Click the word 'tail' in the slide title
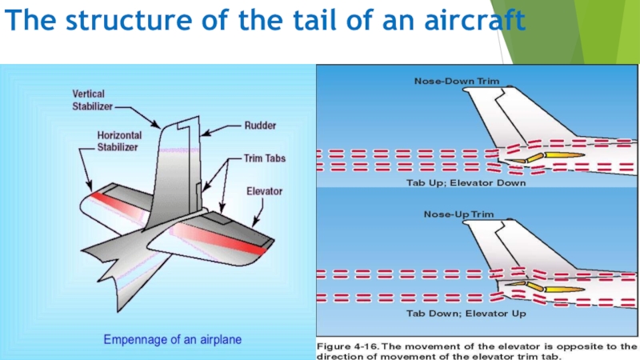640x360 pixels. tap(318, 20)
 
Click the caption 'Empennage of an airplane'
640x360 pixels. tap(173, 339)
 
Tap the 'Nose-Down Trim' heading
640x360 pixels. tap(456, 81)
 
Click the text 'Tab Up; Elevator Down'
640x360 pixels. tap(456, 183)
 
